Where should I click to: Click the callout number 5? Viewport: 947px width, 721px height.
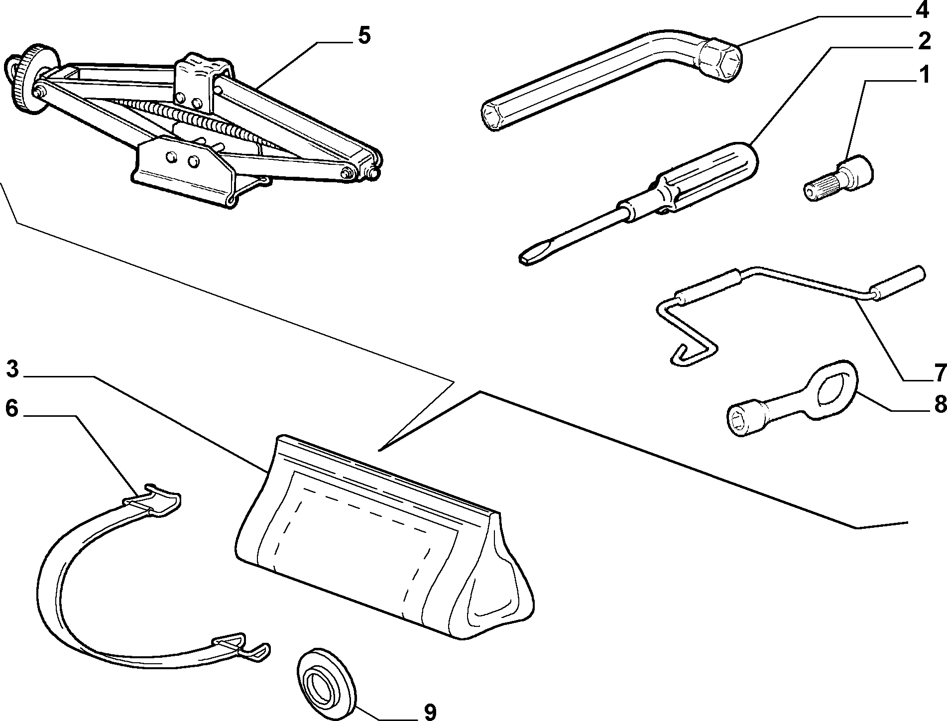pyautogui.click(x=364, y=36)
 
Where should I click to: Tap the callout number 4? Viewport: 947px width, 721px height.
pyautogui.click(x=923, y=9)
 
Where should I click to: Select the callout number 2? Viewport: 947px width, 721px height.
pyautogui.click(x=924, y=41)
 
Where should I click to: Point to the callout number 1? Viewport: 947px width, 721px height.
pyautogui.click(x=924, y=75)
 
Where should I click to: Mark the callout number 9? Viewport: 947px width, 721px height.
pyautogui.click(x=430, y=712)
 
